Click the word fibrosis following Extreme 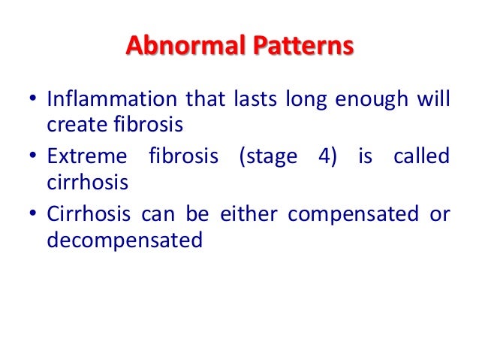pos(176,158)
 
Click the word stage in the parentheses pos(270,158)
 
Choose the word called pos(425,158)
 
